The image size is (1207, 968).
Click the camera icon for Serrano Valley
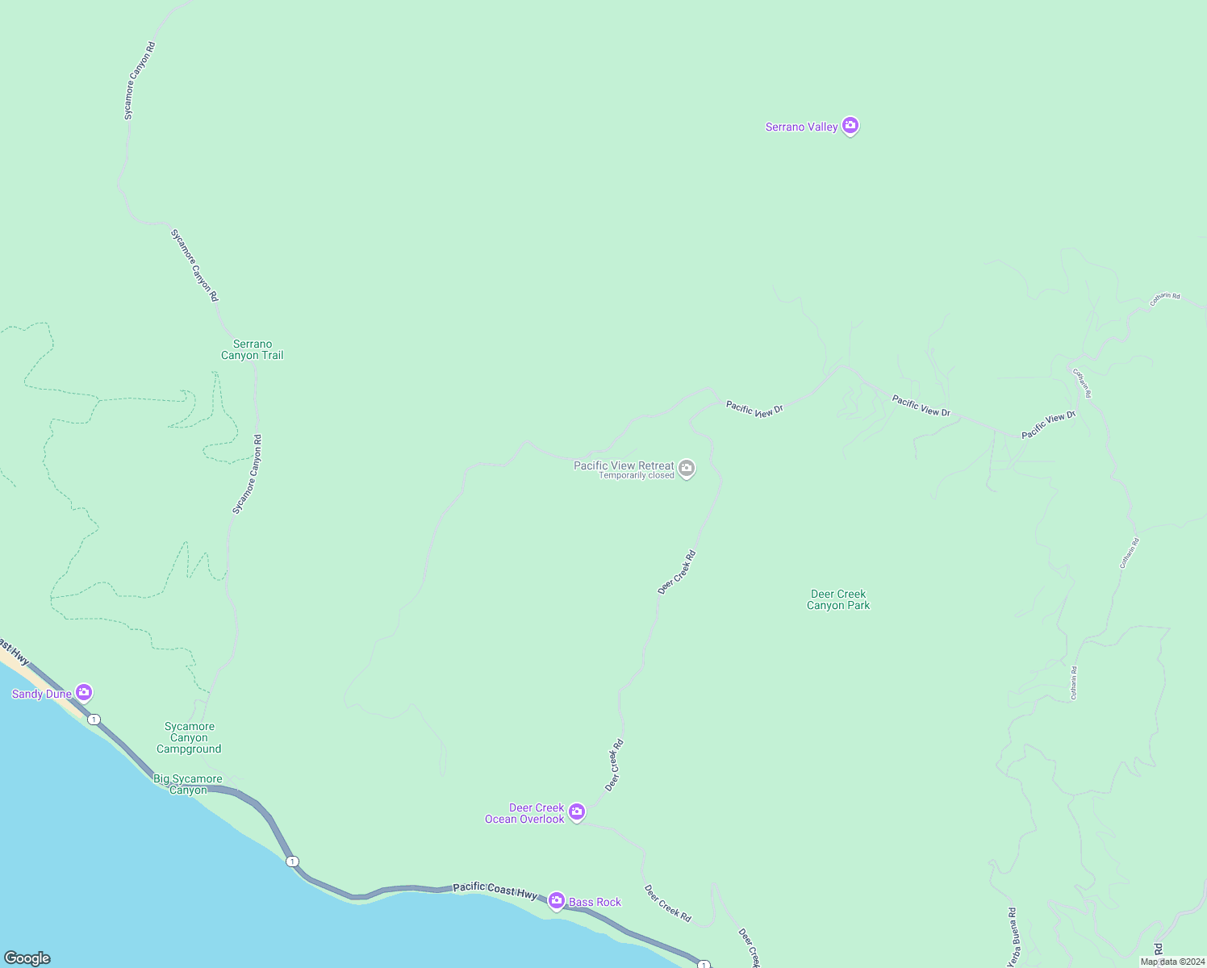(x=850, y=126)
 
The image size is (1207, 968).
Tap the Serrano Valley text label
(x=801, y=127)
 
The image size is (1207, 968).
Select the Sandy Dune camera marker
(x=84, y=693)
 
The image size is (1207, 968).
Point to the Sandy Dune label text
(x=41, y=694)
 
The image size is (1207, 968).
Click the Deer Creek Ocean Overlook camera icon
(x=577, y=812)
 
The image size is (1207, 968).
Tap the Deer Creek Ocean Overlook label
(x=524, y=813)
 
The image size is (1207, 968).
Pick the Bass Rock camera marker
(x=556, y=900)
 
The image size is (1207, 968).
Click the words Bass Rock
(x=595, y=902)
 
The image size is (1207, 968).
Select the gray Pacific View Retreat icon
(x=687, y=468)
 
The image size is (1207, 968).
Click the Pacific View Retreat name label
(x=623, y=465)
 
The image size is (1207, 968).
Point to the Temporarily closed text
(x=636, y=476)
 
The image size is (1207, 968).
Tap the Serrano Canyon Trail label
(x=253, y=349)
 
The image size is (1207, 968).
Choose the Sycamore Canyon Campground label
(x=189, y=737)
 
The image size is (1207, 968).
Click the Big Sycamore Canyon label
(x=188, y=784)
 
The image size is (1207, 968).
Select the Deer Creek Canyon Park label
(x=838, y=599)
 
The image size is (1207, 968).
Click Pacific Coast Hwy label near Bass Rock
(x=494, y=890)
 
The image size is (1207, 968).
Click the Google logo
(x=27, y=958)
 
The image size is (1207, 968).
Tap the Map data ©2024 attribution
(x=1172, y=962)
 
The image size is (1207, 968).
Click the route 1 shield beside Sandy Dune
(x=94, y=720)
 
